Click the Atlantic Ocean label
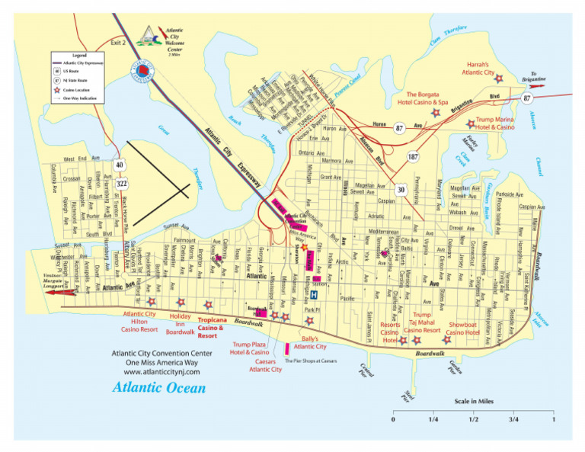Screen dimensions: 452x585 pyautogui.click(x=158, y=388)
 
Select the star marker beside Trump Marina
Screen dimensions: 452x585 pyautogui.click(x=469, y=123)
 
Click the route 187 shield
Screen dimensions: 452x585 pyautogui.click(x=412, y=156)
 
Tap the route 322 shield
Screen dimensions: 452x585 pyautogui.click(x=120, y=184)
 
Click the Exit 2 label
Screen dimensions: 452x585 pyautogui.click(x=117, y=43)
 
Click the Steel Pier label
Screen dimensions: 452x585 pyautogui.click(x=409, y=394)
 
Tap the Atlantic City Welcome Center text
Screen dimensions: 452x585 pyautogui.click(x=174, y=38)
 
